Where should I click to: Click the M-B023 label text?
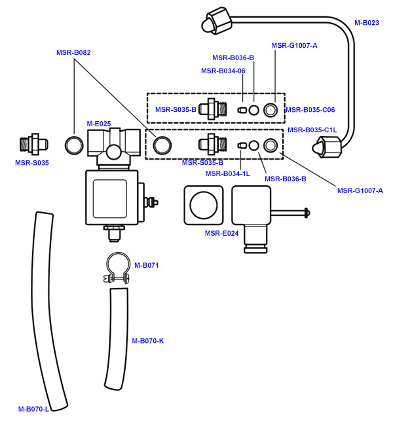pos(367,23)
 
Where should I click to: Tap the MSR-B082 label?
pos(73,52)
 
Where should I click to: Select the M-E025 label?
pos(99,123)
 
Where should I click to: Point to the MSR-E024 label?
pos(221,233)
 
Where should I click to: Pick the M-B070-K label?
pos(147,340)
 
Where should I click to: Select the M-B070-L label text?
pos(34,409)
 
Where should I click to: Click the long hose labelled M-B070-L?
pos(51,308)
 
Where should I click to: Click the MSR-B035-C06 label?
pos(310,110)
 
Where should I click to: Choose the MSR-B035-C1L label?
pos(312,130)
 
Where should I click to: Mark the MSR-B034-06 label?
pos(223,71)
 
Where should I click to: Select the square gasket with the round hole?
pos(204,204)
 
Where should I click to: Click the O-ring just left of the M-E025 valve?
pos(74,143)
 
